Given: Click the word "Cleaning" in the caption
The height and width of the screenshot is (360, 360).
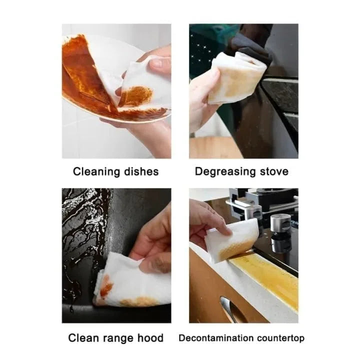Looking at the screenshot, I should [94, 171].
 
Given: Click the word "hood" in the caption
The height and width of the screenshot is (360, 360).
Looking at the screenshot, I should [150, 338].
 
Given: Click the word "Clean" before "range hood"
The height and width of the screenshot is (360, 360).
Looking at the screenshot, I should [83, 338].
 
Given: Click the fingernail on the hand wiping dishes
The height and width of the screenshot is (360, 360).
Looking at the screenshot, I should [155, 63].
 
